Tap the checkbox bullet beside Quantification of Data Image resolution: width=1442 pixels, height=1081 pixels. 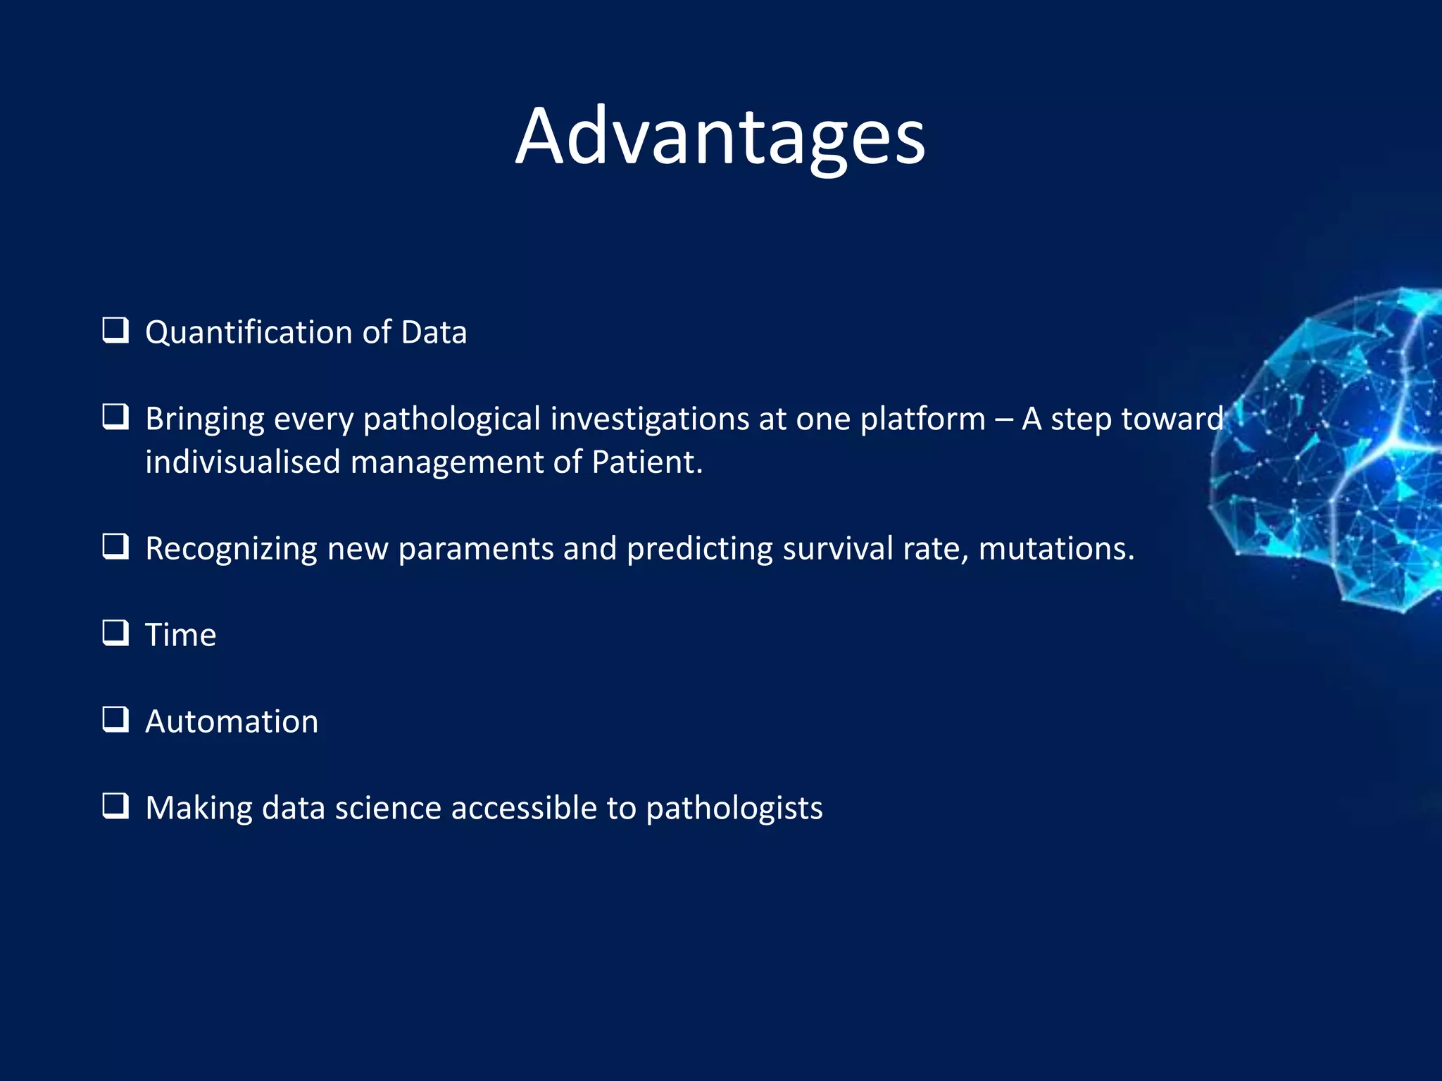pyautogui.click(x=115, y=330)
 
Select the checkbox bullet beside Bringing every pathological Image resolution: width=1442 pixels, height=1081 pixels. pyautogui.click(x=115, y=417)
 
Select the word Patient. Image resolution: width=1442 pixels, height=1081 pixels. pyautogui.click(x=646, y=462)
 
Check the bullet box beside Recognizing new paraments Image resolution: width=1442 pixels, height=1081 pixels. pyautogui.click(x=115, y=546)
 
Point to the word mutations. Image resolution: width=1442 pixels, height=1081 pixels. pyautogui.click(x=1056, y=548)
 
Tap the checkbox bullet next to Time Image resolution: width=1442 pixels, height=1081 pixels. pyautogui.click(x=115, y=633)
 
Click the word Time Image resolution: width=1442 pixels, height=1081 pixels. pyautogui.click(x=180, y=635)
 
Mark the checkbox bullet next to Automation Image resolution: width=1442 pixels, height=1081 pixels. pyautogui.click(x=115, y=719)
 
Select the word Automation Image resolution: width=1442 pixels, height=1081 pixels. pyautogui.click(x=232, y=722)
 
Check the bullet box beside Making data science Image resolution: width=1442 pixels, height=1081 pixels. pyautogui.click(x=115, y=806)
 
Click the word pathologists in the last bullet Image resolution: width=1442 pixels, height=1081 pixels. pyautogui.click(x=734, y=809)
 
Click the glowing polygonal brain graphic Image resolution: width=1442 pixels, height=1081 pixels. pyautogui.click(x=1338, y=450)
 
